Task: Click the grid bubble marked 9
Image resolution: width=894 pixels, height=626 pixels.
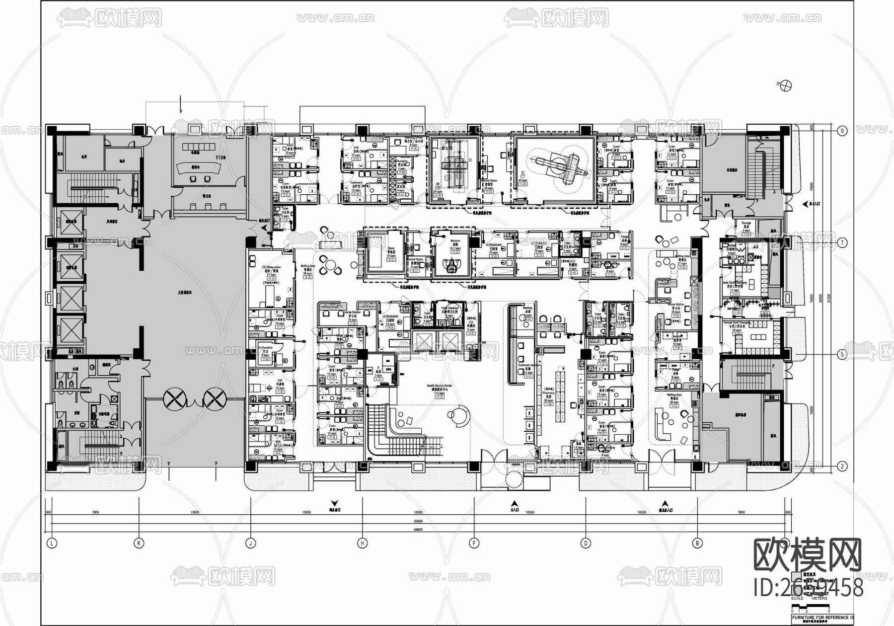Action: tap(841, 131)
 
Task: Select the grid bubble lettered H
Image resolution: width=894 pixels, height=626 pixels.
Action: tap(363, 544)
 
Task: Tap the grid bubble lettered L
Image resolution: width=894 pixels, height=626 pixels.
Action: tap(52, 544)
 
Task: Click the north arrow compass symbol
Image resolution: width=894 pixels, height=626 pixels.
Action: tap(786, 85)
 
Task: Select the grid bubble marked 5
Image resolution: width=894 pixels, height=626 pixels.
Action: tap(841, 355)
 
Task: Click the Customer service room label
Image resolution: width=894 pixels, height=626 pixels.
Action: tap(528, 368)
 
